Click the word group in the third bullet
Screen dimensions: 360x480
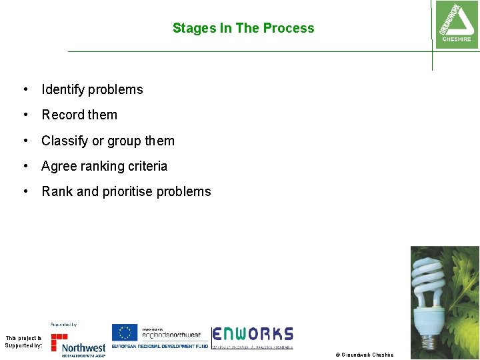point(124,141)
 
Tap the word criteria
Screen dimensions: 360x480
point(148,166)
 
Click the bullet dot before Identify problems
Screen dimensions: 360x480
point(25,89)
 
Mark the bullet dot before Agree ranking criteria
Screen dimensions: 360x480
point(25,166)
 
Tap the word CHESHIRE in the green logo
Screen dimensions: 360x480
point(456,39)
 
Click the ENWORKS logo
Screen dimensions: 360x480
point(253,335)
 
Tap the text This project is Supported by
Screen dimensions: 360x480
point(23,341)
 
